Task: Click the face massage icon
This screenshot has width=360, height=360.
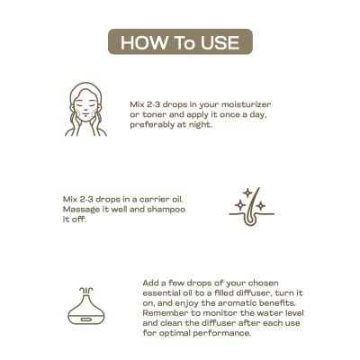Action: (85, 109)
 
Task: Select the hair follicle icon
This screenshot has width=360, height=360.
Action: (252, 207)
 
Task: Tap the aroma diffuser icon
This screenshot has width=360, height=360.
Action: (86, 306)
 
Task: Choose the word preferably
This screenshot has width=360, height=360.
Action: (152, 125)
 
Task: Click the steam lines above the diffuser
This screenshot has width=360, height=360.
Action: (86, 291)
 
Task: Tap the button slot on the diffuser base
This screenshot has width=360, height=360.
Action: (86, 319)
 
